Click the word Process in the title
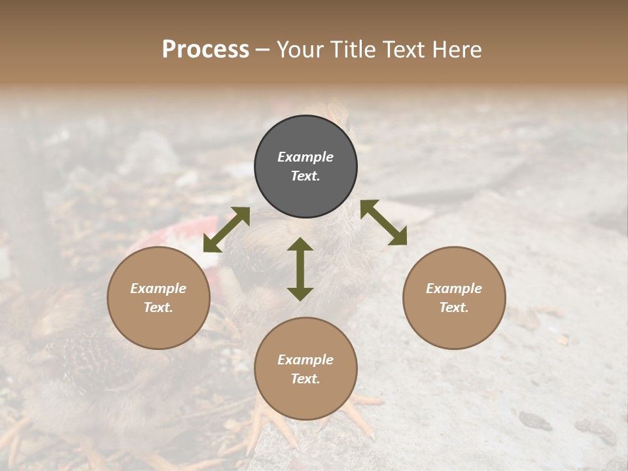[x=205, y=50]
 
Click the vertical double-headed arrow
[x=300, y=269]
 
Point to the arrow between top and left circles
[x=226, y=230]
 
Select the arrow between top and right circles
[x=383, y=222]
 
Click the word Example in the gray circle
[x=305, y=157]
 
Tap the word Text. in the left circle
[x=158, y=307]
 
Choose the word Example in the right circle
[x=454, y=288]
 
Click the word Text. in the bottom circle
[x=305, y=379]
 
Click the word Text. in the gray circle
[x=305, y=176]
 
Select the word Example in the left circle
[x=158, y=288]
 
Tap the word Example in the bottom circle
[x=305, y=360]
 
